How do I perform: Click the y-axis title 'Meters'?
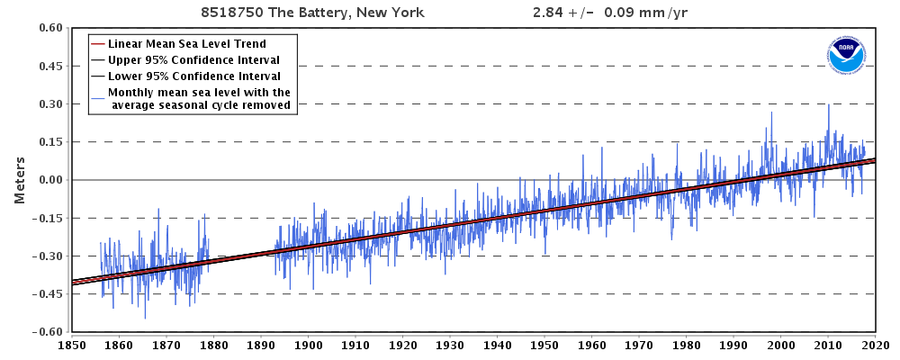[x=19, y=180]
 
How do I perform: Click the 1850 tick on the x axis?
[x=71, y=344]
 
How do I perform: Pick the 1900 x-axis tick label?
[x=308, y=344]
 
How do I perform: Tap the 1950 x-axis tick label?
[x=544, y=344]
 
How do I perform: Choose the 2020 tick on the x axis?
[x=875, y=344]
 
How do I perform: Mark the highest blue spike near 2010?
[x=829, y=105]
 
